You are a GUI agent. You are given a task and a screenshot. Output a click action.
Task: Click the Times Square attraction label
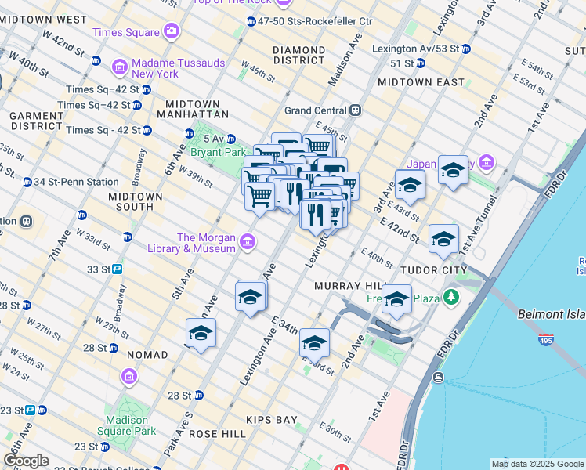pos(126,32)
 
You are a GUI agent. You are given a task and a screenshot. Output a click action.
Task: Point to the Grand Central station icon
pos(355,110)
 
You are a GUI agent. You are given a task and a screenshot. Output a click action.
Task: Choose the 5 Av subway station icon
pos(189,134)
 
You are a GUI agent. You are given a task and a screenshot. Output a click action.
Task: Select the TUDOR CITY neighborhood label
pos(433,270)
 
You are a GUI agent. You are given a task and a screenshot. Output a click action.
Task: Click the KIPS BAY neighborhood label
pos(271,420)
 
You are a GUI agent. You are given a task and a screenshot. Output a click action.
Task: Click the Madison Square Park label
pos(127,425)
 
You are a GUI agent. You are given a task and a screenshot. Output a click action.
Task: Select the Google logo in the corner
pos(26,461)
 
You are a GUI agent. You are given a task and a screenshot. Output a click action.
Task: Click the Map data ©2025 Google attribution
pos(537,464)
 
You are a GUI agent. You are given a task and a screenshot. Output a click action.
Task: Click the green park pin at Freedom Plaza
pos(450,297)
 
